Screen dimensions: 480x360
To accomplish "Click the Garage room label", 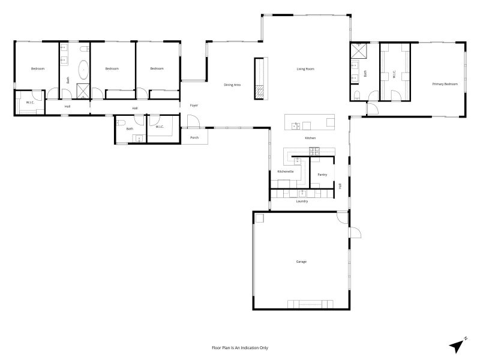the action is pyautogui.click(x=301, y=262).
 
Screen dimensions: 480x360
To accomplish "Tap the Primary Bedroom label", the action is pyautogui.click(x=445, y=84).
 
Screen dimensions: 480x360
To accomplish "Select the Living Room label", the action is pyautogui.click(x=305, y=69).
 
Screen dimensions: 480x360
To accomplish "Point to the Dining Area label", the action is pyautogui.click(x=232, y=85).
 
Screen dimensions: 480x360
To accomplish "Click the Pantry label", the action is pyautogui.click(x=322, y=175).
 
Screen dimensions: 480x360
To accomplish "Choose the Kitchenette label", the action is pyautogui.click(x=286, y=172).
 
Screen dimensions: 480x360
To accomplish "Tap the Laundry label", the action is pyautogui.click(x=302, y=201).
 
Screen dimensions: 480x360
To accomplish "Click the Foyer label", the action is pyautogui.click(x=194, y=106).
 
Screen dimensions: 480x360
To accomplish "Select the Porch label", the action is pyautogui.click(x=194, y=137).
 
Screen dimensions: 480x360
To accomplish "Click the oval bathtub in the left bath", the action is pyautogui.click(x=83, y=70).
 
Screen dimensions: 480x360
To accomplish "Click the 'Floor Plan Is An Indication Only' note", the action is pyautogui.click(x=239, y=348).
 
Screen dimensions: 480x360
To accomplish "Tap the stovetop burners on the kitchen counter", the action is pyautogui.click(x=314, y=151).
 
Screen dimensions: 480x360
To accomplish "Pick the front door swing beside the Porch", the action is pyautogui.click(x=193, y=121).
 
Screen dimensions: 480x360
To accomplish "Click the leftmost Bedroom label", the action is pyautogui.click(x=38, y=68).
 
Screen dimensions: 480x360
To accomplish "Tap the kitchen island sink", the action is pyautogui.click(x=295, y=126).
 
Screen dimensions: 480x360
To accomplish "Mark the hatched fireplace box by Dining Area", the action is pyautogui.click(x=259, y=92).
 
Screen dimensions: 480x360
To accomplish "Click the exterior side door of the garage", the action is pyautogui.click(x=355, y=232).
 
